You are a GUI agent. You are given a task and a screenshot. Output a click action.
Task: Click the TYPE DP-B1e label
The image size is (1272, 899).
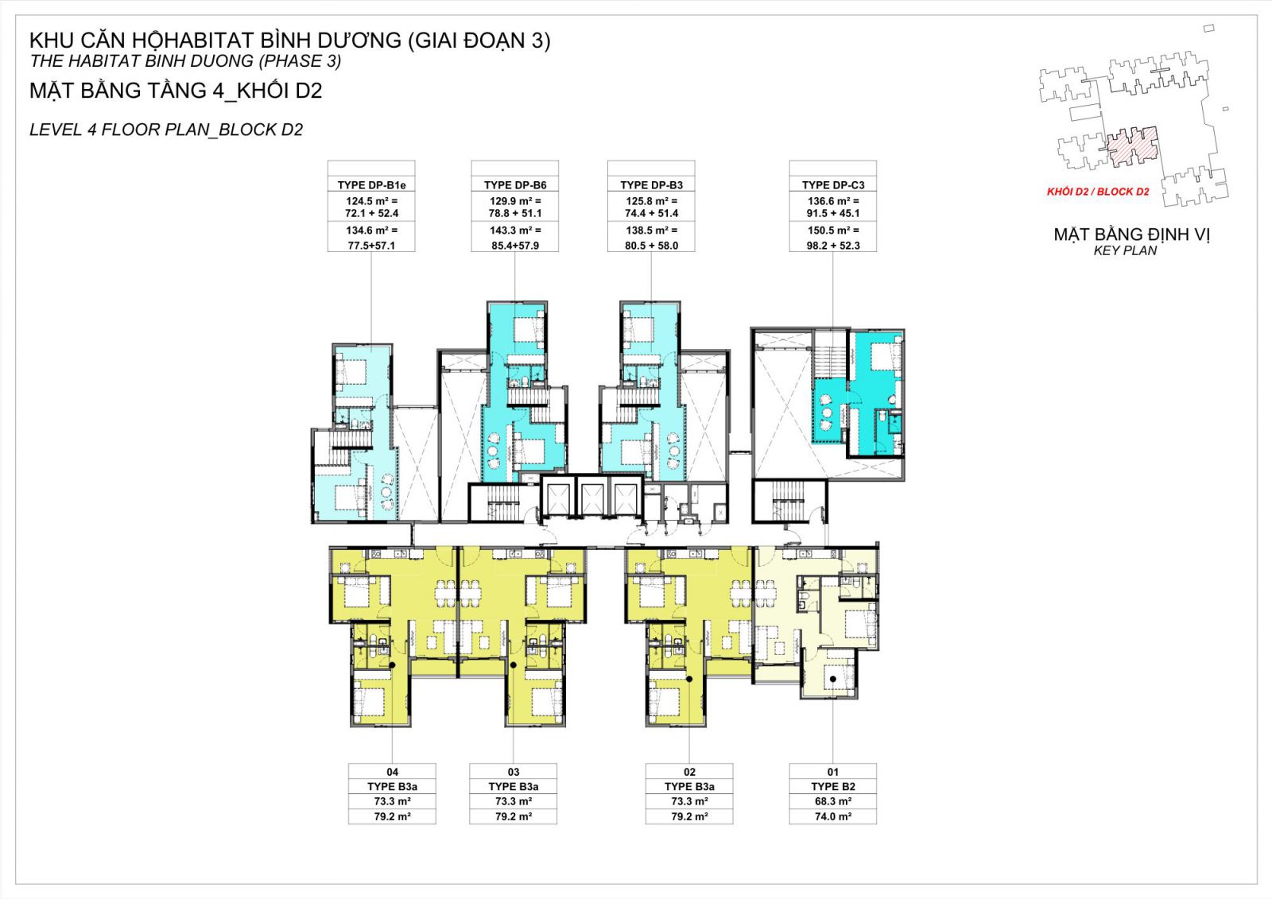coord(371,185)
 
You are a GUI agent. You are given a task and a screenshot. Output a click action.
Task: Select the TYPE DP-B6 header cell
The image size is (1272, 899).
coord(515,185)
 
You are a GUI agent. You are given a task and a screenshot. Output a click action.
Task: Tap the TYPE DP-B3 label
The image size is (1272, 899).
coord(651,185)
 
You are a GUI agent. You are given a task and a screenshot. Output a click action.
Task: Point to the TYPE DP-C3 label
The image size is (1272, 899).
coord(833,185)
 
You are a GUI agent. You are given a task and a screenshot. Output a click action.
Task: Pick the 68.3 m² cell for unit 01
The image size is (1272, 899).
coord(833,801)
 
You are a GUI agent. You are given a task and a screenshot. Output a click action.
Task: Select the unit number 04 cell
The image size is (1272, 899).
coord(393,772)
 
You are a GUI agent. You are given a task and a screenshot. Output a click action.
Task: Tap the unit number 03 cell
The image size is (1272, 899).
coord(514,772)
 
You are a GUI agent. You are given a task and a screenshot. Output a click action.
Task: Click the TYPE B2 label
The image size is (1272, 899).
coord(833,787)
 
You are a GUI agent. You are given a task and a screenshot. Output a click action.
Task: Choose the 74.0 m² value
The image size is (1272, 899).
coord(833,816)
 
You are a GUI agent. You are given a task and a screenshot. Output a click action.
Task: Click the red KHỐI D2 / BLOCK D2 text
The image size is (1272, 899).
coord(1098,192)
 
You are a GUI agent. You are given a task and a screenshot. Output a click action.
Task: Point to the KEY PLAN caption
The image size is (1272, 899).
coord(1125,250)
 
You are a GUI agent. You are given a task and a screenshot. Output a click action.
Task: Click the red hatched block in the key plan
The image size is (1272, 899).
coord(1133,146)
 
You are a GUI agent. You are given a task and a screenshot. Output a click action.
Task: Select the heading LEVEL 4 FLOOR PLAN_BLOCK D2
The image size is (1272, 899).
coord(166,130)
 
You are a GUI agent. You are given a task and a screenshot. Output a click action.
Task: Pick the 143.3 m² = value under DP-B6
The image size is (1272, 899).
coord(515,231)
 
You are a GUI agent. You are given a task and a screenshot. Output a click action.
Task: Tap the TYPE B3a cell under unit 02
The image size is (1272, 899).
coord(689,787)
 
